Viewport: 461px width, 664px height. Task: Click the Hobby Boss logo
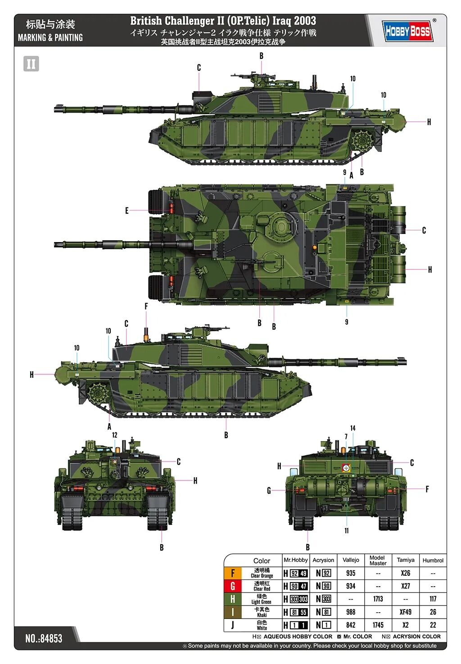(x=407, y=31)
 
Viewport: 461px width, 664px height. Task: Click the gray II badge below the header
(x=31, y=64)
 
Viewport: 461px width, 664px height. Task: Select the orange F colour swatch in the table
(x=233, y=573)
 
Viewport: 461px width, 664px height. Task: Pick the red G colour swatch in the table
(x=233, y=586)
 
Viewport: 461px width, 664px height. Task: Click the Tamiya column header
(x=406, y=560)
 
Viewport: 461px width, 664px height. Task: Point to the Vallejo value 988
(x=351, y=612)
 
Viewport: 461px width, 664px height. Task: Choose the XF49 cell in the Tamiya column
(x=406, y=612)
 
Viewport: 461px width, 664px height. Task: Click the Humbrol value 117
(x=433, y=599)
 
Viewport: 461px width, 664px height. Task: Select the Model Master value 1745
(x=378, y=625)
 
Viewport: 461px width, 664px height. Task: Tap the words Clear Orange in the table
(x=262, y=576)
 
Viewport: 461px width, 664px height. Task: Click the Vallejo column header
(x=351, y=560)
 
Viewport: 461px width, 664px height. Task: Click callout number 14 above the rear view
(x=353, y=428)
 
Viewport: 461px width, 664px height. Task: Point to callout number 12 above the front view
(x=114, y=435)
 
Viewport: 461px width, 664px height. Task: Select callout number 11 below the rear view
(x=347, y=530)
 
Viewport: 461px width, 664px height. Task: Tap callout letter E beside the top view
(x=127, y=211)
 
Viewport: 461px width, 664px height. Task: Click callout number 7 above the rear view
(x=346, y=436)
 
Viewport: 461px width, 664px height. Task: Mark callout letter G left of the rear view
(x=269, y=491)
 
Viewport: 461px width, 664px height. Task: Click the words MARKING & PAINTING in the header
(x=50, y=38)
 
